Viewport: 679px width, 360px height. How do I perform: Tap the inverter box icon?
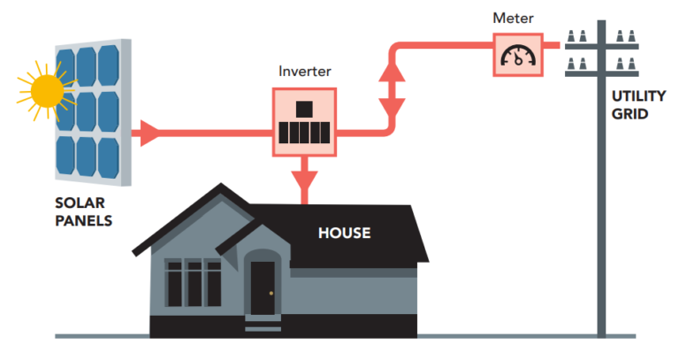click(303, 122)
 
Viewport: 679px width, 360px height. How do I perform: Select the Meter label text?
click(514, 17)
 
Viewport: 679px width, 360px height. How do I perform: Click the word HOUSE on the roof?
click(345, 234)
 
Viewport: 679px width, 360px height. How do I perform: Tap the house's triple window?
click(193, 283)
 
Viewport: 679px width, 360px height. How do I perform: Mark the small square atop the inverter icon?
click(304, 110)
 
